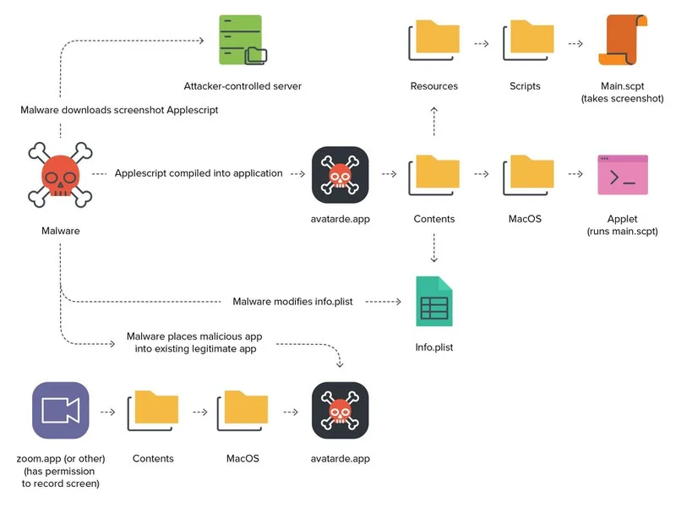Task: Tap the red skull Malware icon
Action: [x=60, y=176]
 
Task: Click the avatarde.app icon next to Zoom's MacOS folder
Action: [x=340, y=410]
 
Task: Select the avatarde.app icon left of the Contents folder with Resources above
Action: [x=340, y=175]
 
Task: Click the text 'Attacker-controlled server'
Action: [x=243, y=86]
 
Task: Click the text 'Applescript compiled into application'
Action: [x=199, y=173]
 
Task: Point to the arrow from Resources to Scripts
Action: [x=482, y=43]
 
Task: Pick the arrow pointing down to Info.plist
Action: [x=433, y=249]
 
